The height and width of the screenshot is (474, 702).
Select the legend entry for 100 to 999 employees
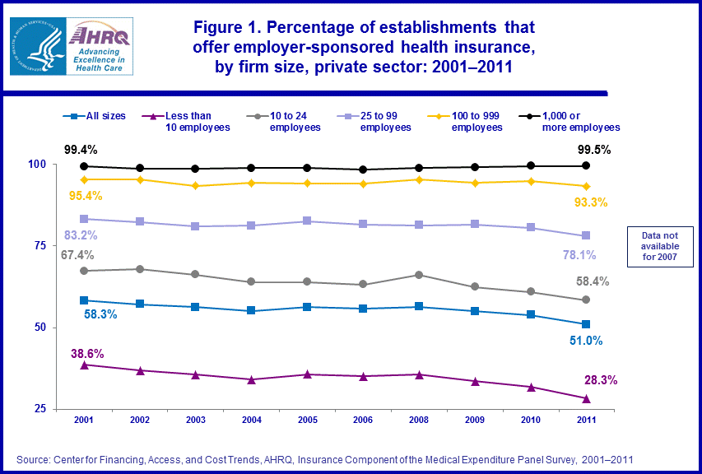pos(476,121)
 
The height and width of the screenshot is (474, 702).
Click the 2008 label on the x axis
pos(419,420)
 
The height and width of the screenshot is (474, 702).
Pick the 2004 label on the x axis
pos(251,420)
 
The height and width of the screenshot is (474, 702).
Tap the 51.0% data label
pos(585,340)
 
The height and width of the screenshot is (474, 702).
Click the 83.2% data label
pos(81,235)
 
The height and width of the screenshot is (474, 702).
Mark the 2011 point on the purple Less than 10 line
pos(586,398)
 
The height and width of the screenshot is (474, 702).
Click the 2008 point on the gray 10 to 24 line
pos(419,275)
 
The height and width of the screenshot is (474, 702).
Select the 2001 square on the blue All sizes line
pos(84,300)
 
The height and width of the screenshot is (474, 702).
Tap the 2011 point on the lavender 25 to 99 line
pos(586,236)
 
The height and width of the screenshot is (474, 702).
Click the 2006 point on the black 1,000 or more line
pos(363,170)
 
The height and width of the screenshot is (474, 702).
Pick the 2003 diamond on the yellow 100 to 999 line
pos(195,186)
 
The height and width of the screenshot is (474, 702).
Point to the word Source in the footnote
pos(34,458)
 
